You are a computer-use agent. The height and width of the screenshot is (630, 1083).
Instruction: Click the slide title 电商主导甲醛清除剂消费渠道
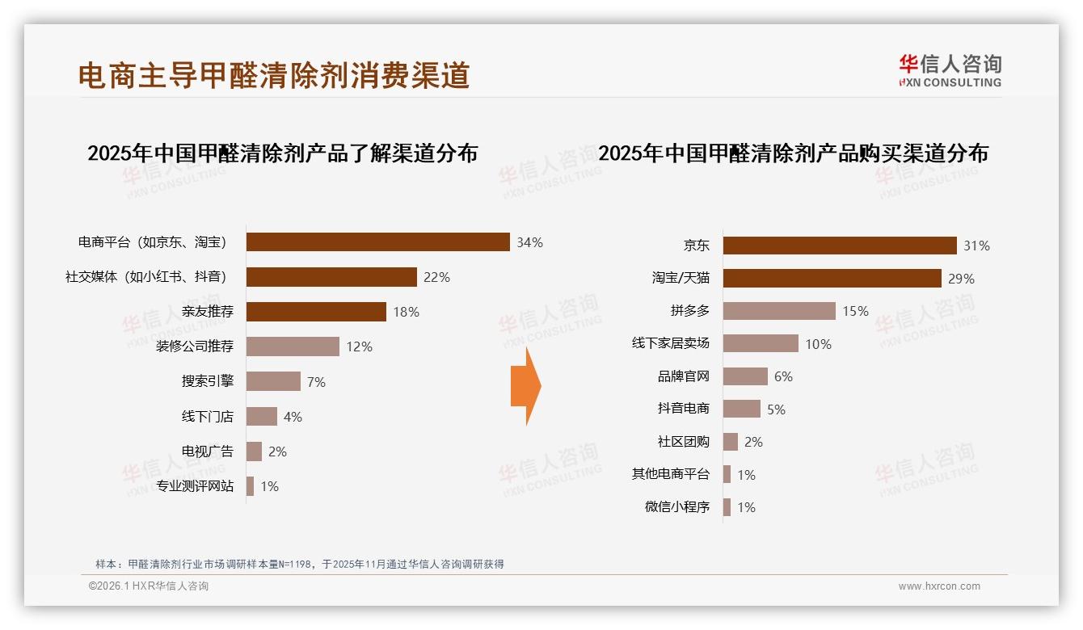tap(274, 75)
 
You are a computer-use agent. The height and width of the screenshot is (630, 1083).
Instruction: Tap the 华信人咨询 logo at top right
tap(950, 71)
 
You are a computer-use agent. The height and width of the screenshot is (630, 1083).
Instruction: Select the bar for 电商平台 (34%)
tap(377, 242)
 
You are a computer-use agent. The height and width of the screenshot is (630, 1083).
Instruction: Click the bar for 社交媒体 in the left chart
tap(331, 277)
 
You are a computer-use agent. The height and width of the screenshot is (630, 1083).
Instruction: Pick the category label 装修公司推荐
tap(195, 346)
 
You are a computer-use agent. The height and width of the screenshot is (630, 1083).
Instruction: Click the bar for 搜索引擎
tap(273, 381)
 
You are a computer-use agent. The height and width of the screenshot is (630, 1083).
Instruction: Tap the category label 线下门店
tap(207, 417)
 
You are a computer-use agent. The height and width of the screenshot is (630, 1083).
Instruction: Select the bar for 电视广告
tap(254, 451)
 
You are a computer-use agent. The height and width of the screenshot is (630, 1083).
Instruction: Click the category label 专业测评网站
tap(195, 486)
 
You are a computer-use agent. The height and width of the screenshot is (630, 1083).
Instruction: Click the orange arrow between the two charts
tap(526, 386)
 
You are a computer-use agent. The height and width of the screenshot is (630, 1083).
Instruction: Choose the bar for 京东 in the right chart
tap(840, 246)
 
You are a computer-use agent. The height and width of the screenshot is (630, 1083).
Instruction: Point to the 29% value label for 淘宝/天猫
tap(962, 279)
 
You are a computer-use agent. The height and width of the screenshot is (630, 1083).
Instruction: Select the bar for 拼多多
tap(779, 311)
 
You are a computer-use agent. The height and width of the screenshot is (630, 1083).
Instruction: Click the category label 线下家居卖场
tap(671, 343)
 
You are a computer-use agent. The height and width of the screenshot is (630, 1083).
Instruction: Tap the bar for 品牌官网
tap(745, 376)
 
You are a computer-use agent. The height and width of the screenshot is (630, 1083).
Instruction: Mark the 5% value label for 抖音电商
tap(776, 409)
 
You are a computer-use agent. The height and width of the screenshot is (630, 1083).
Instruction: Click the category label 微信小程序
tap(677, 507)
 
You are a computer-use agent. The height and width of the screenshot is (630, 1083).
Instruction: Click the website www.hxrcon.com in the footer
tap(939, 586)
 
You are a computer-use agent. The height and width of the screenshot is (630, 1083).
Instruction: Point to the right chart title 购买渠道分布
tap(793, 153)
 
